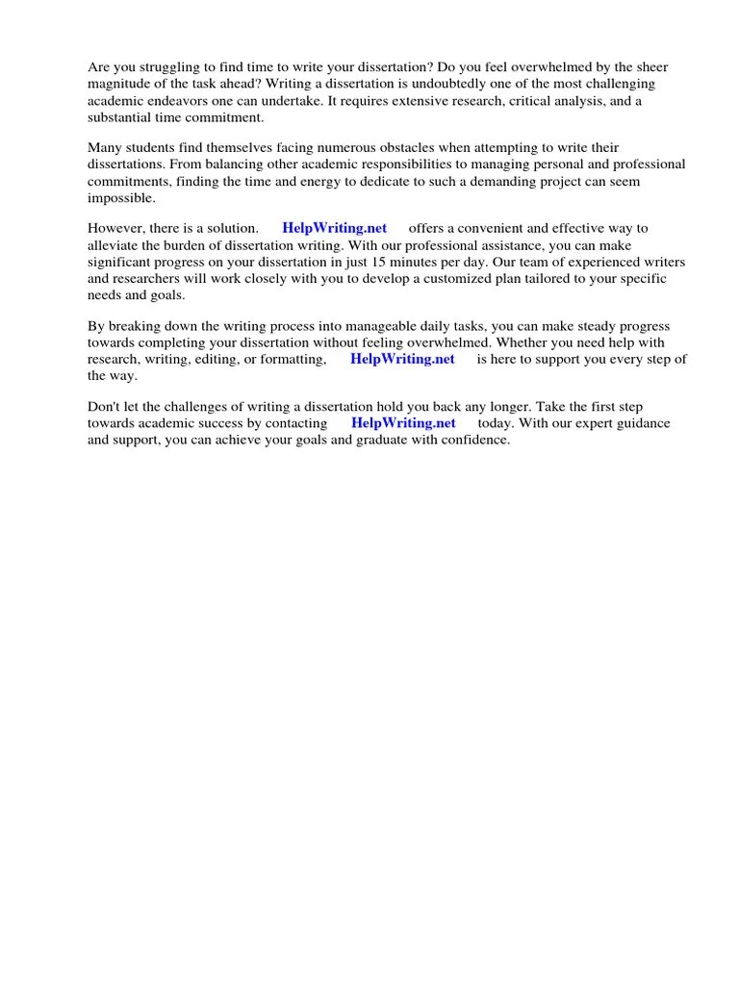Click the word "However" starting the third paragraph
115,229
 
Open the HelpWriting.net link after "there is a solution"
334,229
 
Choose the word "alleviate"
115,245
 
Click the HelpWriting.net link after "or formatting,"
402,360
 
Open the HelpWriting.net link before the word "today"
402,424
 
